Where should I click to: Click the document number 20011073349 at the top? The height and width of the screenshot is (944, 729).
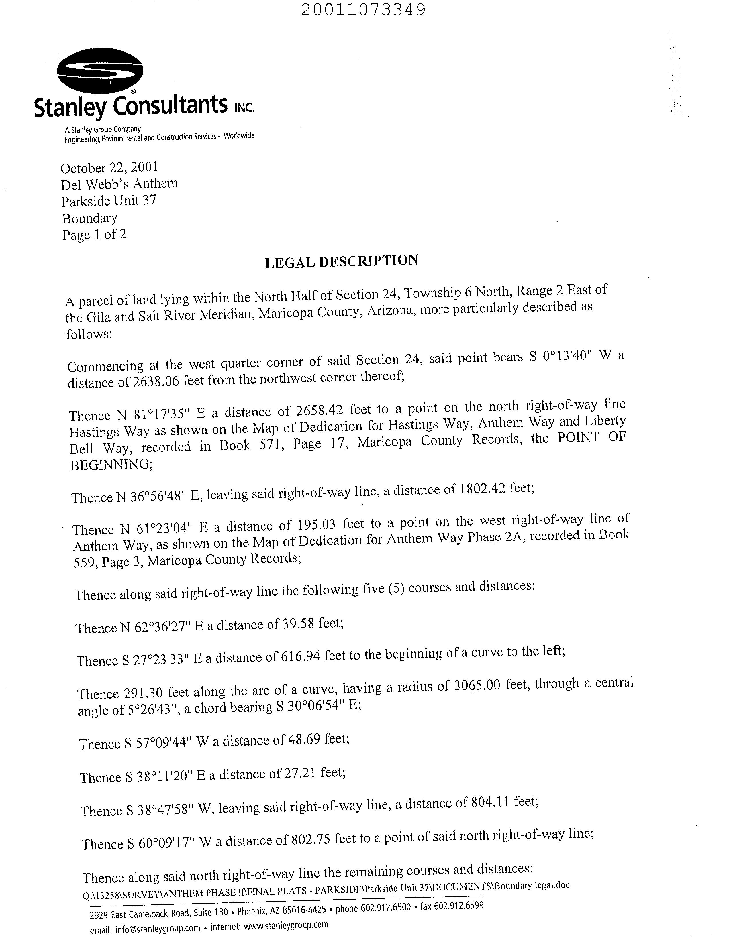point(363,9)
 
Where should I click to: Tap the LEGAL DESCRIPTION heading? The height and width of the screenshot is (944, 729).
point(341,261)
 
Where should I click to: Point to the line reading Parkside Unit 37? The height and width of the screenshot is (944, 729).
point(109,201)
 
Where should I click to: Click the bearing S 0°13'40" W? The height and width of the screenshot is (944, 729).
point(569,357)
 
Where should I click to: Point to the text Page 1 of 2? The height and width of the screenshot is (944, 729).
point(94,235)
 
